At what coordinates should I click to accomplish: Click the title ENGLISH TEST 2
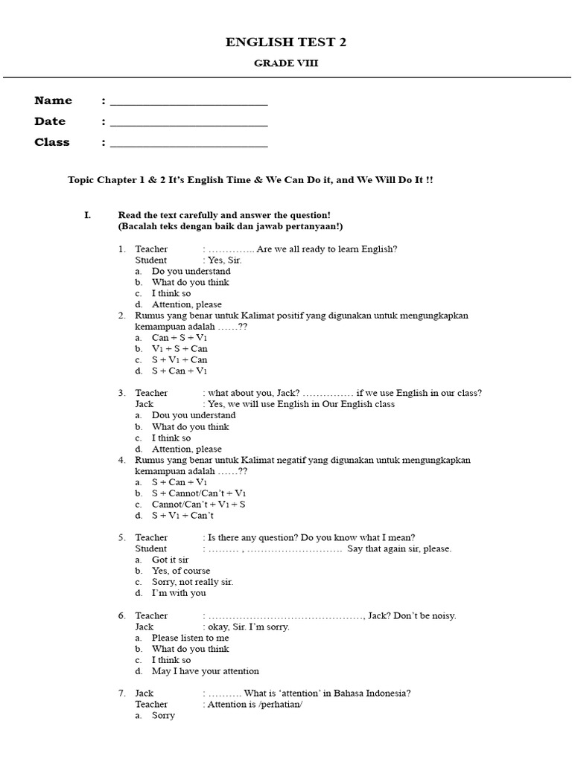click(286, 42)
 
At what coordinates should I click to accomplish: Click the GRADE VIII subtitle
click(286, 63)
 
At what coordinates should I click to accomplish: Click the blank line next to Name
click(188, 104)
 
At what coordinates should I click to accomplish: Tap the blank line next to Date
click(188, 125)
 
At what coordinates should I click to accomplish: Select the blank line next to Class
click(188, 146)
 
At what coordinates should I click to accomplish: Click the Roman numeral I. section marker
click(87, 215)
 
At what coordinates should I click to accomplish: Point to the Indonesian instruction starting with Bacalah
click(229, 226)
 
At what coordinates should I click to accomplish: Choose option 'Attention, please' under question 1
click(186, 304)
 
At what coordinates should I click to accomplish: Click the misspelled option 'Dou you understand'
click(194, 415)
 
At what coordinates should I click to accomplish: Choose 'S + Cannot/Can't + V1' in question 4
click(199, 493)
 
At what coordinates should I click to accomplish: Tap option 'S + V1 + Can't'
click(182, 515)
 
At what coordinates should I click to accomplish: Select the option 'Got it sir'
click(170, 560)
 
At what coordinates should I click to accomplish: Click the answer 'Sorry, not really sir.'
click(192, 582)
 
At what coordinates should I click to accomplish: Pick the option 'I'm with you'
click(179, 593)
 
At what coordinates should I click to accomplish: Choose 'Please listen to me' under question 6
click(190, 638)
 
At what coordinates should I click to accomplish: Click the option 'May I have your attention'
click(205, 671)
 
